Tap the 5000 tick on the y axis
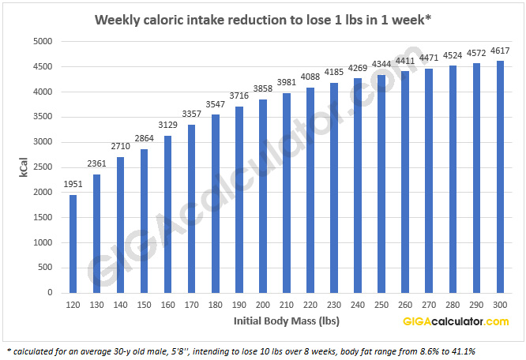42,41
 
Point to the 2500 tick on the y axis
42,167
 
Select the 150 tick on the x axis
144,306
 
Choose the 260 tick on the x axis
405,306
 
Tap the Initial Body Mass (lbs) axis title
278,321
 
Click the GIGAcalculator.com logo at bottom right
456,321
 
